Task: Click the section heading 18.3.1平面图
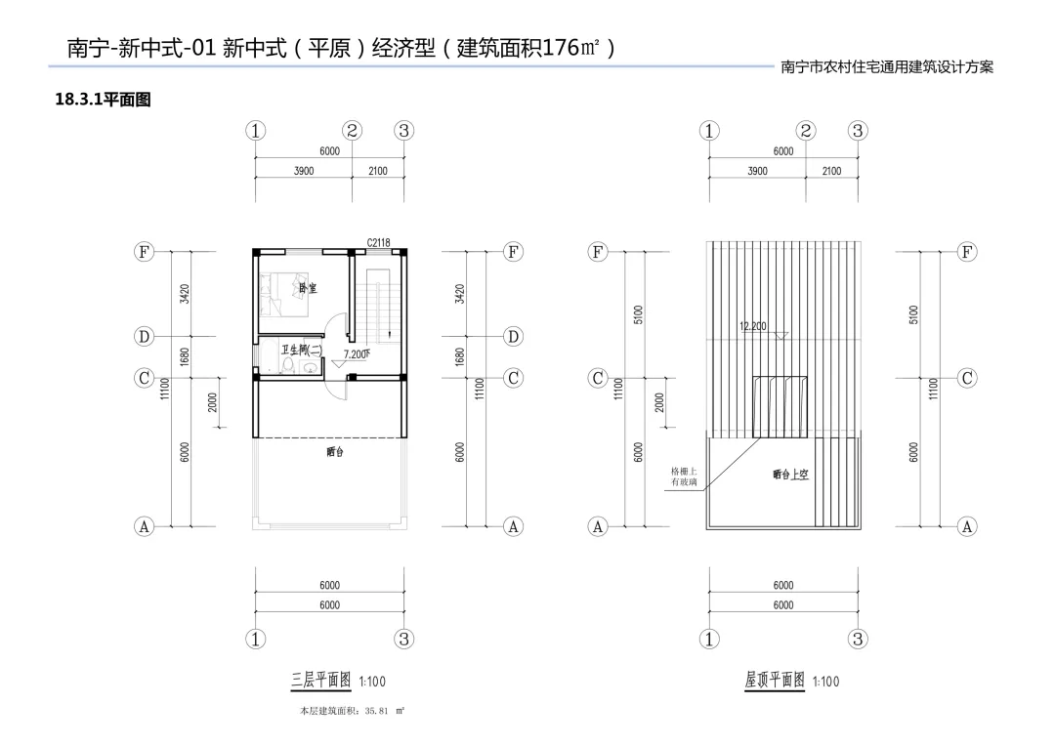click(103, 100)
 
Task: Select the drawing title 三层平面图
click(321, 681)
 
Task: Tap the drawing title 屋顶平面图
click(775, 681)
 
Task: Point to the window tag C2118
click(379, 243)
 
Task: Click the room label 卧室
click(309, 288)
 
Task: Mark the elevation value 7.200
click(356, 354)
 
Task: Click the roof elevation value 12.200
click(754, 326)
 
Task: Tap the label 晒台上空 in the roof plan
click(790, 475)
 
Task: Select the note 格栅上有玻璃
click(684, 477)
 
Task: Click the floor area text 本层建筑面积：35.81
click(351, 712)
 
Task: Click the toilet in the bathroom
click(309, 367)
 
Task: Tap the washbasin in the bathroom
click(288, 367)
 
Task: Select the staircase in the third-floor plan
click(378, 309)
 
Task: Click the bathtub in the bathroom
click(265, 357)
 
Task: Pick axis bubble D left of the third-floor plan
click(144, 337)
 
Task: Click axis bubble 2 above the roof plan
click(806, 131)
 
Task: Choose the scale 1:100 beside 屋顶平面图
click(824, 682)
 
